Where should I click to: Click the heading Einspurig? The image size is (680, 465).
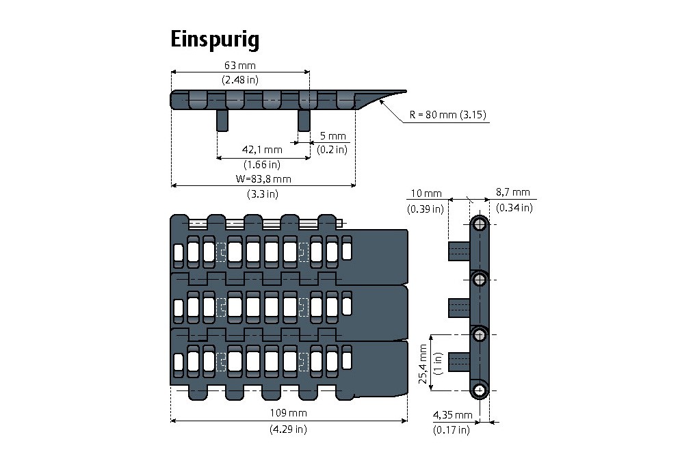215,40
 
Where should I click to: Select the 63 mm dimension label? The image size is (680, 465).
239,66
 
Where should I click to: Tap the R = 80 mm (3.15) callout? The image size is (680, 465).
447,115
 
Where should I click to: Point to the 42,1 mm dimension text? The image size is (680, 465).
263,150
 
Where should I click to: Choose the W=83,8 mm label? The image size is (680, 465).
263,180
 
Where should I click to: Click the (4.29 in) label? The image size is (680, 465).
288,429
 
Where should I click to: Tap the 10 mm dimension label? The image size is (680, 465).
424,194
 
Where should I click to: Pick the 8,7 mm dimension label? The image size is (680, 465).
514,194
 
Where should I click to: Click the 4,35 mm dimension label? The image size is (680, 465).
452,415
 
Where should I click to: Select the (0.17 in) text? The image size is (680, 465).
452,430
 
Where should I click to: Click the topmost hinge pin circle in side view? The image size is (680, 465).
480,224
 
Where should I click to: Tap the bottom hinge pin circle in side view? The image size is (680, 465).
480,390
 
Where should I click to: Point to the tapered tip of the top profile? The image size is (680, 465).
400,92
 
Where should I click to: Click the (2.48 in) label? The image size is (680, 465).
239,80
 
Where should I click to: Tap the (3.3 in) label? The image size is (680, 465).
263,194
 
